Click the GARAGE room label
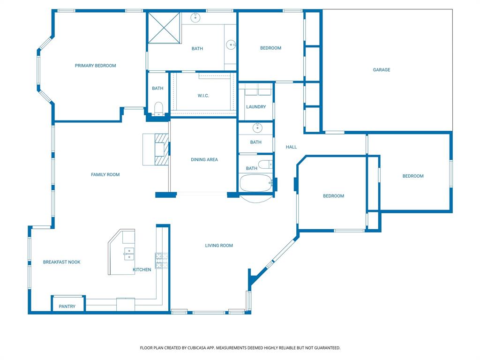pos(381,70)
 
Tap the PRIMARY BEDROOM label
pos(95,66)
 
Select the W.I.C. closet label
pos(203,96)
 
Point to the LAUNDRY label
pos(256,107)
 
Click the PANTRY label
pos(67,307)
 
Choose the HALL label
pos(291,147)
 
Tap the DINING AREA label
pos(204,160)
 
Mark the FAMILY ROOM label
pos(105,175)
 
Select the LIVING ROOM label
pos(218,246)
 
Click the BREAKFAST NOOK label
pos(61,262)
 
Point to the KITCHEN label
pos(142,270)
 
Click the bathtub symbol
pos(256,183)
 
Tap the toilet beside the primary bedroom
pos(158,108)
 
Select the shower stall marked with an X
pos(164,28)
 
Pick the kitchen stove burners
pos(162,261)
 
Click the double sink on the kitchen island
pos(129,254)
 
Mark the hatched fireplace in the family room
pos(160,149)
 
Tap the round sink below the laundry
pos(256,127)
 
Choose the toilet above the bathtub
pos(265,164)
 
